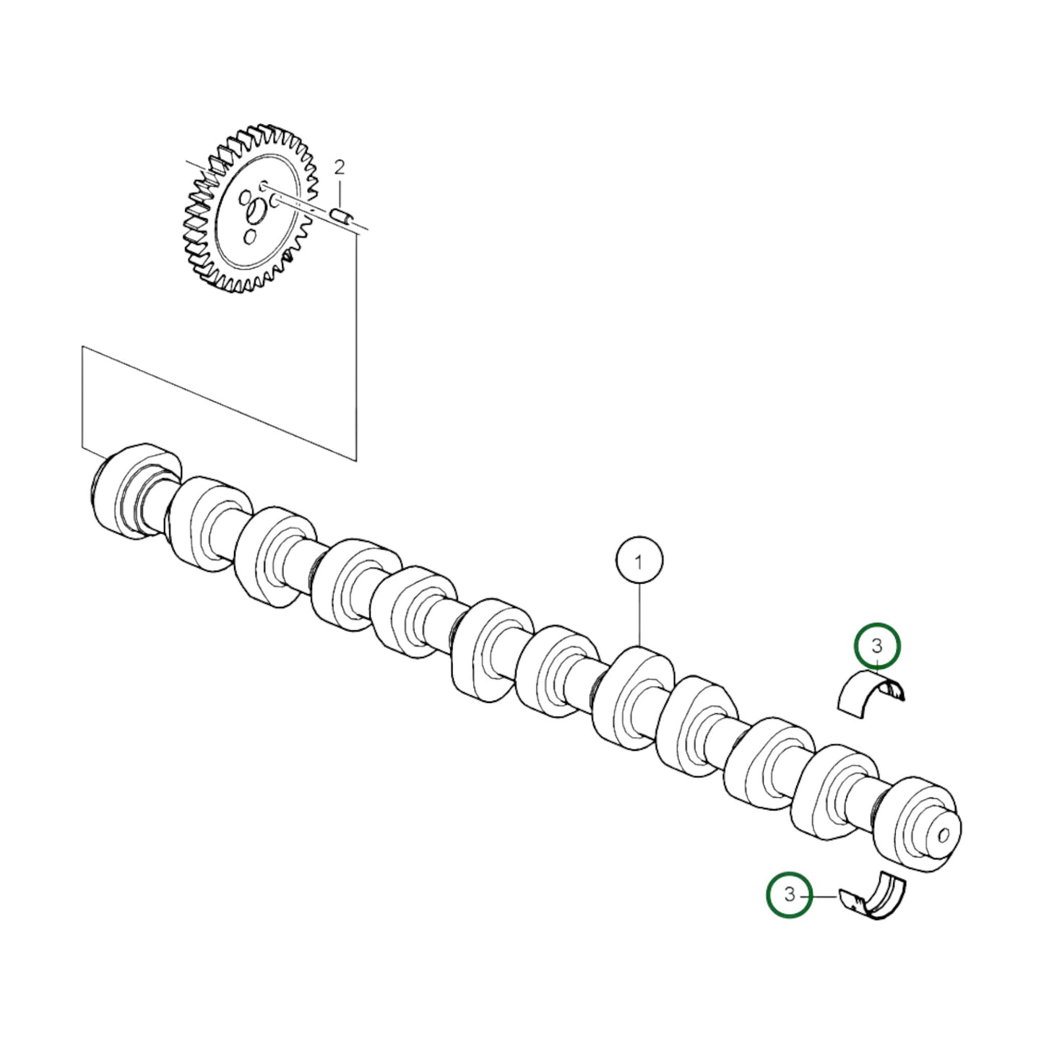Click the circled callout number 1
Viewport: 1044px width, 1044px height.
click(x=639, y=561)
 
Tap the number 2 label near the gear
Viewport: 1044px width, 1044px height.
click(x=340, y=168)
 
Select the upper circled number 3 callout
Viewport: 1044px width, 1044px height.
click(x=877, y=645)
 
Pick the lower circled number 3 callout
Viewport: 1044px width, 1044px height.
click(x=789, y=894)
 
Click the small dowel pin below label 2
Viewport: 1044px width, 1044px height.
click(x=340, y=215)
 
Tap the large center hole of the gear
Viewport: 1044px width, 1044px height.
click(x=256, y=212)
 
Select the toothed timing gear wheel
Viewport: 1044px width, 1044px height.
click(x=249, y=210)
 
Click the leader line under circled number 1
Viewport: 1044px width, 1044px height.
click(x=639, y=614)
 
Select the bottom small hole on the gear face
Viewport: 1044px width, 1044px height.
click(x=250, y=236)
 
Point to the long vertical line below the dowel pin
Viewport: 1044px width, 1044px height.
click(x=356, y=347)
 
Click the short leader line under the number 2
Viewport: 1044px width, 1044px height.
click(x=340, y=192)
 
